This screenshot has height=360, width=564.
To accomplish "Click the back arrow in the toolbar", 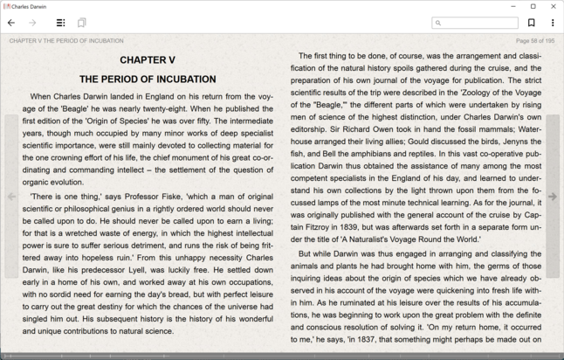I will click(x=11, y=23).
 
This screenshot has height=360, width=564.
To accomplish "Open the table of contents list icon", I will click(x=60, y=23).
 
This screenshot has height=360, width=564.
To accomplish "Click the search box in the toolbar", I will click(x=476, y=23).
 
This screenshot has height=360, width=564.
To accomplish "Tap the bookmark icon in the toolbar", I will click(x=531, y=23).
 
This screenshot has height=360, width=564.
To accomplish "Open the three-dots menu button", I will click(x=553, y=23).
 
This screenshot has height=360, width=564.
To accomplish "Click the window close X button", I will click(x=554, y=6).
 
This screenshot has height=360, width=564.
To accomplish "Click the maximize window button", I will click(x=533, y=6).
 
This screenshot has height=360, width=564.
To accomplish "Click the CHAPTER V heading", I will click(x=148, y=59).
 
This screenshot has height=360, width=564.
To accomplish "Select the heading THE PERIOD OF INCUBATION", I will click(x=148, y=79).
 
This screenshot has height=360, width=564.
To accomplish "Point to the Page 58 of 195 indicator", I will click(x=534, y=40).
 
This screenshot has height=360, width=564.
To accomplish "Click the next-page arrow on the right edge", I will click(x=552, y=197).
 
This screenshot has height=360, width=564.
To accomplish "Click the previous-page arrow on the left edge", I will click(x=11, y=197).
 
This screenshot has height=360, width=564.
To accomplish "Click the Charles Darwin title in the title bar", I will click(x=30, y=6).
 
